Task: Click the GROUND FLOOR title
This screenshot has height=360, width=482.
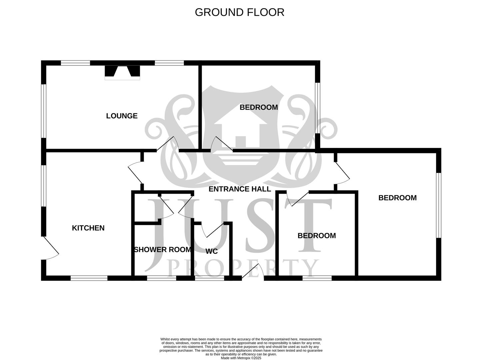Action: [x=239, y=12]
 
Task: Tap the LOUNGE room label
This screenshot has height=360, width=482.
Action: [x=122, y=116]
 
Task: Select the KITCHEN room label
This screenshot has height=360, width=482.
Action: [x=88, y=228]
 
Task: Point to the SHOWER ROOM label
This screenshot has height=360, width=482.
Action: [x=163, y=250]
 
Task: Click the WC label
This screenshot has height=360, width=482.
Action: [x=212, y=251]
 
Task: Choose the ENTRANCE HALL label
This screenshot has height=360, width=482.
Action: [x=240, y=189]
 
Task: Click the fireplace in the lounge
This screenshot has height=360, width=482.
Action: [x=122, y=73]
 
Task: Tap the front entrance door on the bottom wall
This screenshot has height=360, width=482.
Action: [x=253, y=272]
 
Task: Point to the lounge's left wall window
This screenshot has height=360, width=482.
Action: [x=44, y=111]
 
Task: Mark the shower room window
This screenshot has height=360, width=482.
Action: [x=162, y=278]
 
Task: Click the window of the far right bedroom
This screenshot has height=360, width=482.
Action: [x=439, y=205]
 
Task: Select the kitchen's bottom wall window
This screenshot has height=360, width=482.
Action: [x=89, y=278]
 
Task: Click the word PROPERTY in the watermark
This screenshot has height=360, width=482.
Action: [x=242, y=268]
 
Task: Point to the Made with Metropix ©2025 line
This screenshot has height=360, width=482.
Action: [x=241, y=358]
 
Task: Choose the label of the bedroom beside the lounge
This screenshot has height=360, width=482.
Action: [x=259, y=107]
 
